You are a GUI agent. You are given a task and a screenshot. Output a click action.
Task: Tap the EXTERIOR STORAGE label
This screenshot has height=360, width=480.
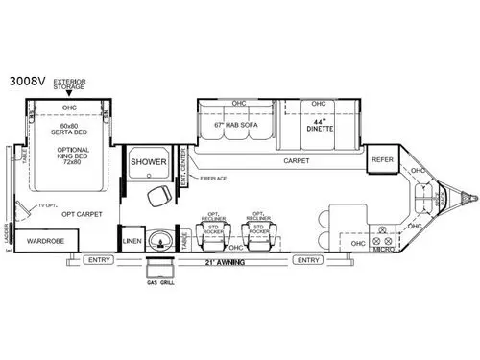[x=70, y=85]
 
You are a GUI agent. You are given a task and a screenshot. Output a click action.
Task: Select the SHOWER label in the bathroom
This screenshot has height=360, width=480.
[x=149, y=163]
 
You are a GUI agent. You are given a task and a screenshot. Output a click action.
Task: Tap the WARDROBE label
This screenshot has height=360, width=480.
[x=45, y=241]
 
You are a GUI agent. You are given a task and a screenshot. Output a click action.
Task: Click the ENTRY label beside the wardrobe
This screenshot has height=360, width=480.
[x=98, y=260]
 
